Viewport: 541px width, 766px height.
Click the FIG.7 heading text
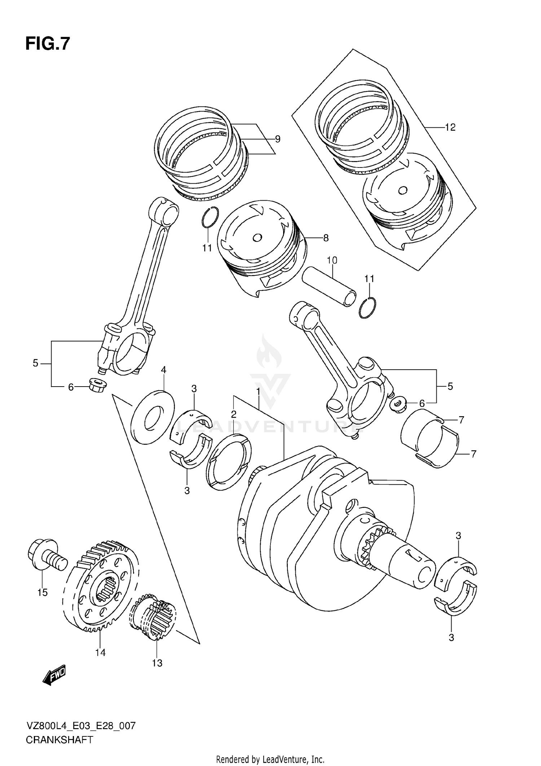coord(47,44)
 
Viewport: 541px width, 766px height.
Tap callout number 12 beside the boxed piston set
coord(450,127)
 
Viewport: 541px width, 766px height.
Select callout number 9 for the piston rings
coord(277,139)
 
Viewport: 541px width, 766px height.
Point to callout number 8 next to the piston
coord(326,238)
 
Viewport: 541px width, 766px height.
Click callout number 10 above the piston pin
coord(332,260)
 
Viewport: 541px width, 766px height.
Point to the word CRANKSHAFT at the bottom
coord(59,740)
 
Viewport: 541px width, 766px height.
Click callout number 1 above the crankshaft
coord(258,391)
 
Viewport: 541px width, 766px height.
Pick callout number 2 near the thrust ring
coord(234,414)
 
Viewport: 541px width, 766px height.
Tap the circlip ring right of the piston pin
coord(368,308)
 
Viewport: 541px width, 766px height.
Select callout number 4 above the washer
coord(163,370)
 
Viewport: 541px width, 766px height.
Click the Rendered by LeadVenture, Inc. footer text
coord(270,759)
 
